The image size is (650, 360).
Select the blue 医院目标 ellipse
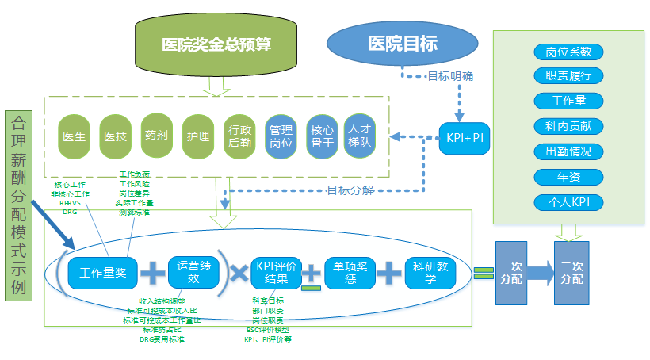tap(403, 43)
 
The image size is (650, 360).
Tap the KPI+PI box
tap(465, 138)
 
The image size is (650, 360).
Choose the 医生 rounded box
tap(75, 136)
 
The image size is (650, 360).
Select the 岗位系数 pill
tap(568, 52)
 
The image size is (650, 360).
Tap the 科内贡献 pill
tap(568, 126)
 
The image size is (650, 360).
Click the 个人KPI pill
tap(568, 201)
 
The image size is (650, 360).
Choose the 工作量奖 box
tap(102, 273)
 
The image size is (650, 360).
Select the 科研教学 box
tap(430, 273)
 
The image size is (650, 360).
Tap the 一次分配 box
tap(510, 274)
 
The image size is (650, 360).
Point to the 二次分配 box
tap(572, 274)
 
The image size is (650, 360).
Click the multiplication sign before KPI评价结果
tap(236, 273)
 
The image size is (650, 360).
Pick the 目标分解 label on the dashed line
tap(350, 190)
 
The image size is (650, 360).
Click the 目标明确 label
tap(450, 76)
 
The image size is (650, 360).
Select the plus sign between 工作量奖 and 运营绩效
tap(152, 273)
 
